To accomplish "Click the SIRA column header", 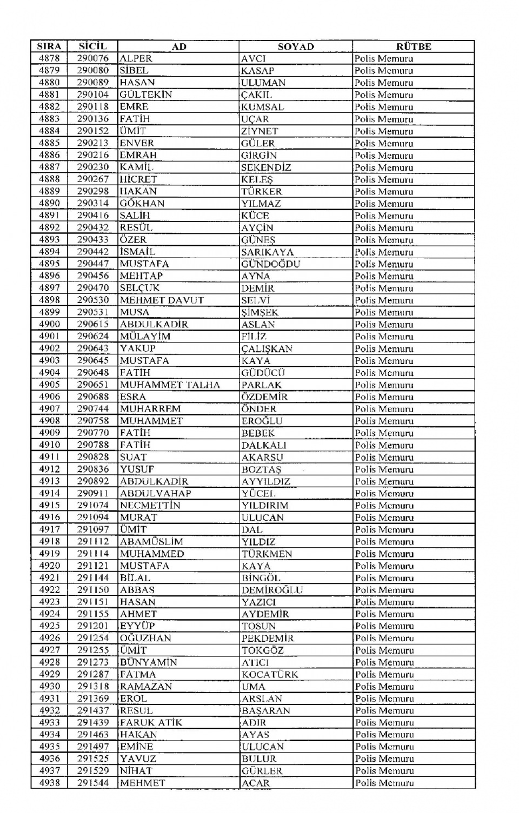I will coord(49,46).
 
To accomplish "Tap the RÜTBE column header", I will coord(414,46).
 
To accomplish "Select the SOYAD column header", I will coord(296,46).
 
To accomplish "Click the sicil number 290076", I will coord(92,58).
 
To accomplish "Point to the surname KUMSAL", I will coord(263,107).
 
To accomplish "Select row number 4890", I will coord(49,203).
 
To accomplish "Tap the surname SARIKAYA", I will coord(268,252).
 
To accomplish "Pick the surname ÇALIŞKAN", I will coord(267,348).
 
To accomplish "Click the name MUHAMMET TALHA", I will coord(170,385).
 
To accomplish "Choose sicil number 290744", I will coord(92,409).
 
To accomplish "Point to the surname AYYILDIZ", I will coord(266,481).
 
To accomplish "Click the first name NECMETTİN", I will coord(150,506).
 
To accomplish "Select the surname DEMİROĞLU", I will coord(272,590).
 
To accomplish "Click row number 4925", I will coord(49,626).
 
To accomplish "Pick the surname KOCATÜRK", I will coord(270,674).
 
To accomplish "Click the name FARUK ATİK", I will coord(151,722).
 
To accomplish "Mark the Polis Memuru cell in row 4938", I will coord(384,783).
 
